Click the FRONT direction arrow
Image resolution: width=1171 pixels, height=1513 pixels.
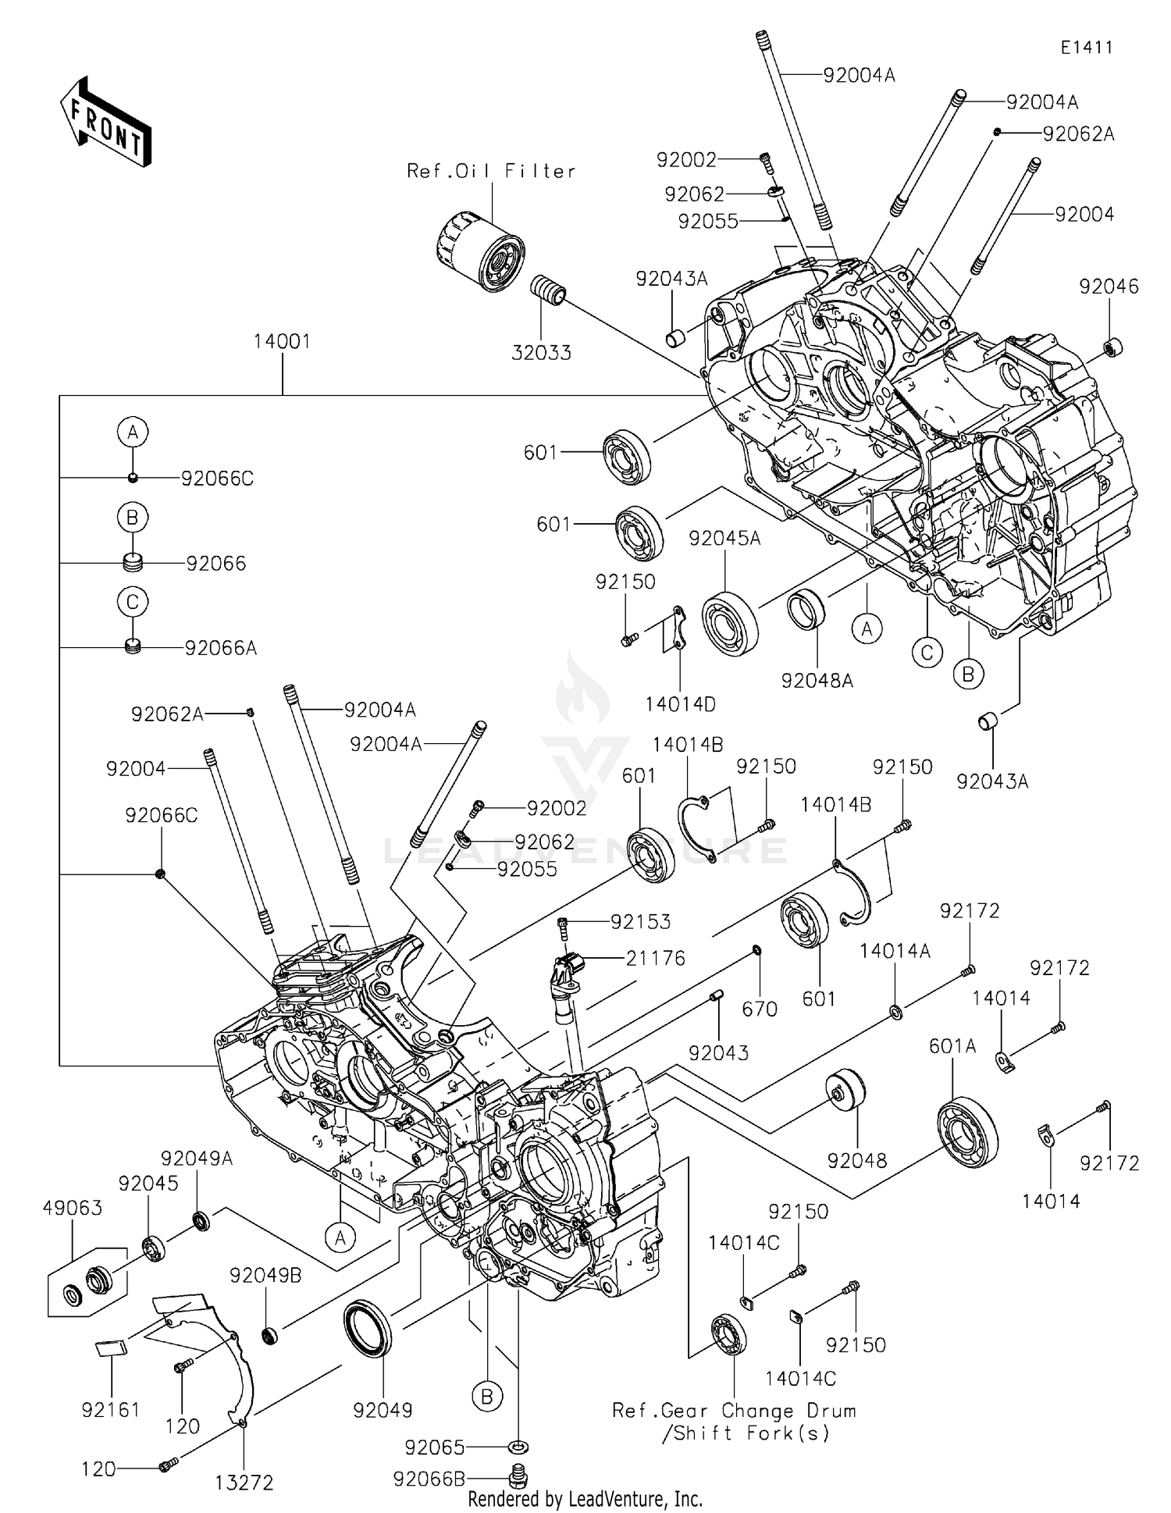105,123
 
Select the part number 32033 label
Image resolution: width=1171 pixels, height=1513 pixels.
541,353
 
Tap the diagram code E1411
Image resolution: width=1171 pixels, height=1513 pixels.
1086,48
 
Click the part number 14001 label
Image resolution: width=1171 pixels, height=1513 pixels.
282,342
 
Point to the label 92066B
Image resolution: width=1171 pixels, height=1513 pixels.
429,1479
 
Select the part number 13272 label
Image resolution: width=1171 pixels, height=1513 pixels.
244,1483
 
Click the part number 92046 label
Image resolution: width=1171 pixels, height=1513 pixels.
1109,287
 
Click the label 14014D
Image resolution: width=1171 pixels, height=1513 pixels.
680,704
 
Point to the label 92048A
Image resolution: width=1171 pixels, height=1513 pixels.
817,681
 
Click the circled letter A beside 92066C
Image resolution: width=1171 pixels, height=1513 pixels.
133,432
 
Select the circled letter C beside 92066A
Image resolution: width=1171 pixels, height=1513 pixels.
133,602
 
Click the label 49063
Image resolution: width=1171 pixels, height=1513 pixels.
72,1208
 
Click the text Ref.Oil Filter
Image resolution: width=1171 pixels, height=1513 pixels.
491,171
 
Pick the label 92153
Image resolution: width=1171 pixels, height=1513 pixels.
640,922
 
